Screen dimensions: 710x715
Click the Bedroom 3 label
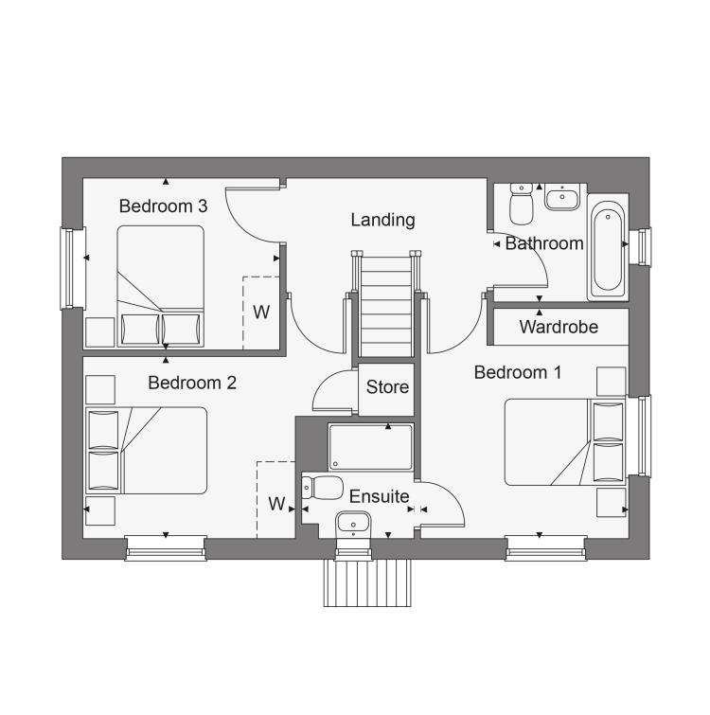point(163,206)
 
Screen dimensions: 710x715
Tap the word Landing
point(382,221)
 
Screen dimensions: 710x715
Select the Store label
point(387,387)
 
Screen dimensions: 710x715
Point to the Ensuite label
point(380,496)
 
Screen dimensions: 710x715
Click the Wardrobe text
point(559,327)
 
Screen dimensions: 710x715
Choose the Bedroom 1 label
point(518,372)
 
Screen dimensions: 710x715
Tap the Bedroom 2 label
point(192,383)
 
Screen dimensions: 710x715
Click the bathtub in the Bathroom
point(608,247)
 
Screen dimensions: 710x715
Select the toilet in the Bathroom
point(521,204)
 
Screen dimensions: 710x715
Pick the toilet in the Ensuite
point(323,488)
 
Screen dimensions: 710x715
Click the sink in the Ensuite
point(353,524)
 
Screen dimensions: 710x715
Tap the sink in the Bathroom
point(562,197)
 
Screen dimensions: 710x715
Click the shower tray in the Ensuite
point(371,447)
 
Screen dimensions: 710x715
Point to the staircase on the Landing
point(386,304)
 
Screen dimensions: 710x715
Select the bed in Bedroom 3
point(160,286)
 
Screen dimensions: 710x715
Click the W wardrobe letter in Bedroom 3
point(261,313)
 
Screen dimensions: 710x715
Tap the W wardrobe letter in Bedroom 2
point(276,504)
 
